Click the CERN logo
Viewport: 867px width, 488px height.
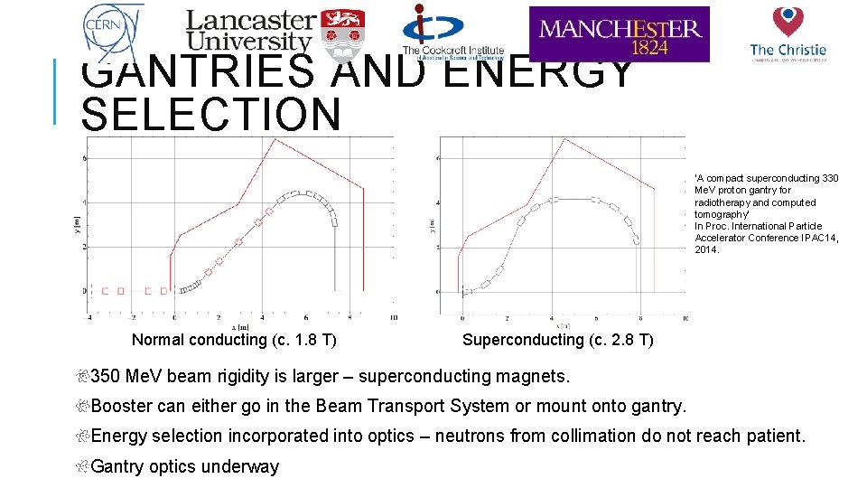tap(111, 30)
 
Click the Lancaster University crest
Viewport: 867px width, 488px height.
tap(338, 31)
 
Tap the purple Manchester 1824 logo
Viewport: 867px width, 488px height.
tap(619, 34)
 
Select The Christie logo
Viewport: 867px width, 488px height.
tap(788, 33)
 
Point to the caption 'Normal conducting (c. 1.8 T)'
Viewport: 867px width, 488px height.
tap(234, 340)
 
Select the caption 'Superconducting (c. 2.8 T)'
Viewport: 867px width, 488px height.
tap(557, 340)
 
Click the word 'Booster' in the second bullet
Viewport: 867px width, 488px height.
tap(121, 406)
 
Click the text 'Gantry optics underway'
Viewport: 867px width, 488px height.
tap(185, 466)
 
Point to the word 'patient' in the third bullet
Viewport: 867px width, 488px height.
tap(774, 436)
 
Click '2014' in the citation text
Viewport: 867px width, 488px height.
tap(706, 249)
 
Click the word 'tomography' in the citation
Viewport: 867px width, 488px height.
tap(722, 214)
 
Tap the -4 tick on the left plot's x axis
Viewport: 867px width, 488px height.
tap(89, 318)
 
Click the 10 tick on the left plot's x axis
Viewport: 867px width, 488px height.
tap(393, 318)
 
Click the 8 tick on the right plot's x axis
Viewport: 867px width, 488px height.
tap(640, 319)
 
